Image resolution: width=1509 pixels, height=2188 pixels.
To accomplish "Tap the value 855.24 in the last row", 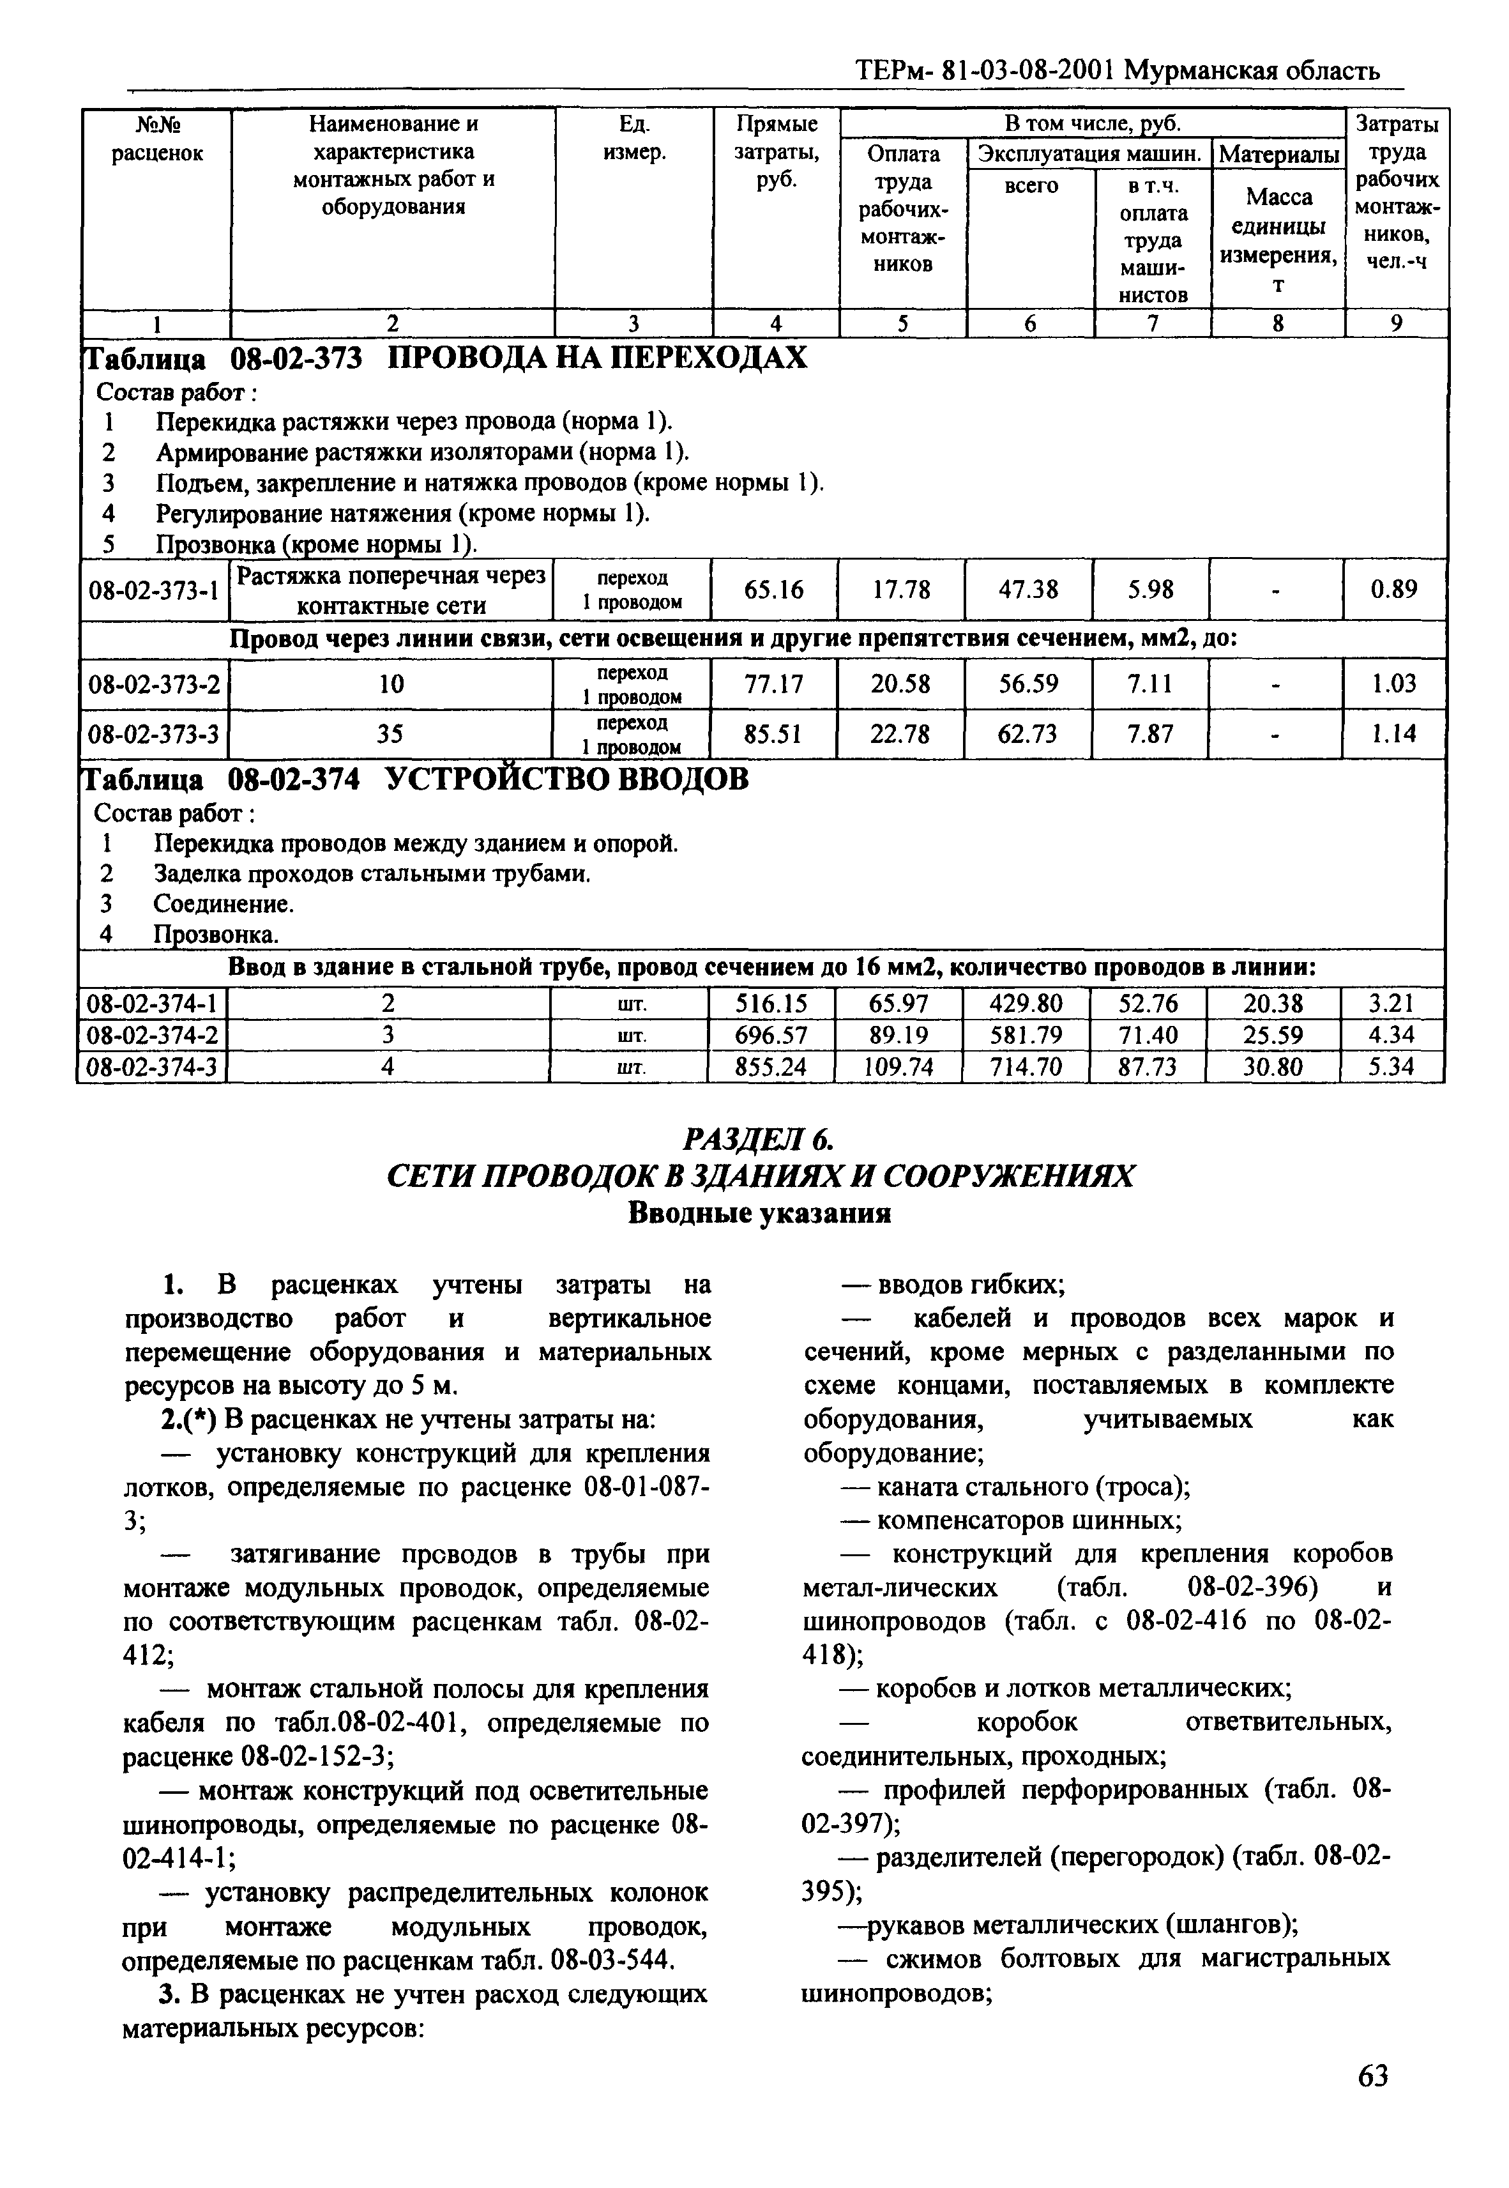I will [771, 1067].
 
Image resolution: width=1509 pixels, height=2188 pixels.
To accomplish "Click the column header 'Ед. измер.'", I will [633, 137].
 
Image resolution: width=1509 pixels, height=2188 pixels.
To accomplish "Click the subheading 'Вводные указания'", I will [759, 1213].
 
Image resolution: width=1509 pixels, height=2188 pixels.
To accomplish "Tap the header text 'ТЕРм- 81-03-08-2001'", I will [985, 71].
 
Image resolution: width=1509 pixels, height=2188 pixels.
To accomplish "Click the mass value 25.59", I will [1273, 1036].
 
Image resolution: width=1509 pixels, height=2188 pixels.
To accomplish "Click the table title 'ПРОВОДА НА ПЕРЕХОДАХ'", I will [598, 358].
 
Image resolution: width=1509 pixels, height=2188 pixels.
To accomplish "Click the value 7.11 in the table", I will [1151, 684].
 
